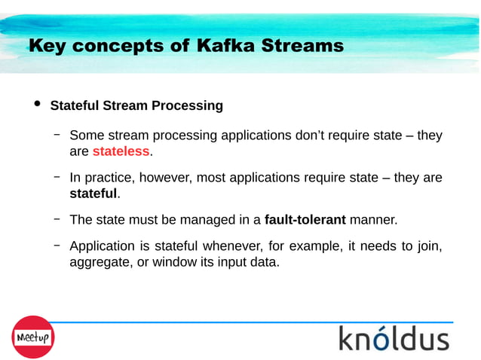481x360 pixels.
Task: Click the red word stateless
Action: (x=121, y=152)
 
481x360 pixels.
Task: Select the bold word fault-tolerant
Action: (x=305, y=220)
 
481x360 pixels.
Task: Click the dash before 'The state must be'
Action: (x=57, y=219)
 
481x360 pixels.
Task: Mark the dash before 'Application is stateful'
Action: (x=57, y=245)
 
